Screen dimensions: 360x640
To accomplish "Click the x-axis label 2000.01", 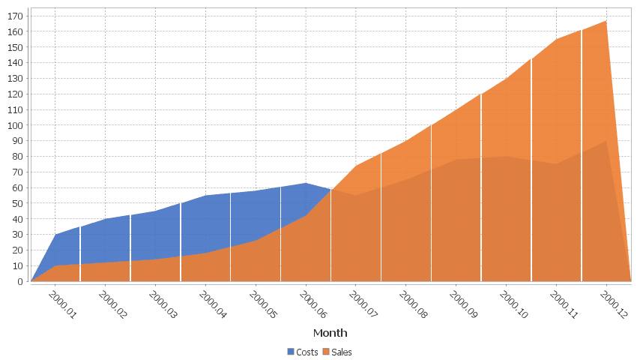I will point(62,305).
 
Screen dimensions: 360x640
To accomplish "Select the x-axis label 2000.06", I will point(313,305).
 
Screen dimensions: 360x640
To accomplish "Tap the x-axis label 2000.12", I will point(613,305).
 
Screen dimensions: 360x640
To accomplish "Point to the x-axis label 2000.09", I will point(463,305).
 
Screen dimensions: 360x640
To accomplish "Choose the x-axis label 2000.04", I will point(213,305).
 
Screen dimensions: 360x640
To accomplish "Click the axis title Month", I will point(330,332).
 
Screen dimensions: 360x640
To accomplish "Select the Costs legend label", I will point(307,352).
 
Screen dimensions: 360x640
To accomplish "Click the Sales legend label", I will point(342,352).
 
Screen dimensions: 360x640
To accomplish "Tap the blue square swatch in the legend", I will point(291,352).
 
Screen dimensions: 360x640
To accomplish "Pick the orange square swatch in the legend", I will point(326,352).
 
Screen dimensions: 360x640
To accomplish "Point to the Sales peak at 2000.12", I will point(606,21).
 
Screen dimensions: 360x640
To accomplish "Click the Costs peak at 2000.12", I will point(606,141).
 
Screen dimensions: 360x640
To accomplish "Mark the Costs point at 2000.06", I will point(305,183).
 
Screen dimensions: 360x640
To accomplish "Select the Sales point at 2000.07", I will point(355,166).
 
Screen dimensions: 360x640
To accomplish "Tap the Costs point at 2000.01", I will point(55,235).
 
